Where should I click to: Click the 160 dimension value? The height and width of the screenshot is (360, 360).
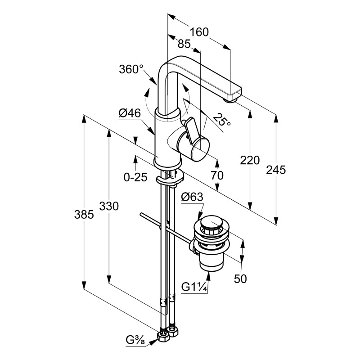[199, 32]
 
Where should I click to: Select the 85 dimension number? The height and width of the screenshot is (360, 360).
[184, 44]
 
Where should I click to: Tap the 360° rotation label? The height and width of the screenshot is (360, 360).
[131, 70]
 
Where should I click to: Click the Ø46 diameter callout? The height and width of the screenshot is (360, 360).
[130, 114]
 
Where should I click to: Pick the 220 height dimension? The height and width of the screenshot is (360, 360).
[251, 160]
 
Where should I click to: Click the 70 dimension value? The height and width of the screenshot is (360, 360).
[217, 176]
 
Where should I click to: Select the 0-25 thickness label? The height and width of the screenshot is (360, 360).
[135, 177]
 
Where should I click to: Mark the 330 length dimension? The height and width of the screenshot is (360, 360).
[109, 207]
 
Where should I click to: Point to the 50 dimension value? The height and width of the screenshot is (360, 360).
[240, 279]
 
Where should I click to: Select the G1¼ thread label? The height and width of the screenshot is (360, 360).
[194, 287]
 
